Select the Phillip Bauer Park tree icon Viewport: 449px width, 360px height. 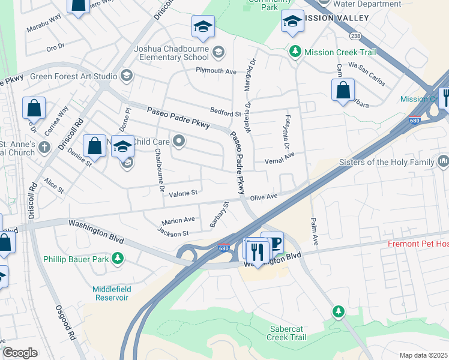(x=118, y=259)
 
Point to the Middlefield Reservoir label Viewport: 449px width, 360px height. (x=110, y=293)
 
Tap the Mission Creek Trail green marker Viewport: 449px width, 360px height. (x=295, y=52)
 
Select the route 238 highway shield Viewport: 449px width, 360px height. (x=355, y=35)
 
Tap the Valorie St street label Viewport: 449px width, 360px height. (x=183, y=193)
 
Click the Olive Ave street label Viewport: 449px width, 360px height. (x=264, y=197)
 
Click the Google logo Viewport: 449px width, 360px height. (x=20, y=352)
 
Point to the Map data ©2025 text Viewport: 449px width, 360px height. (x=423, y=355)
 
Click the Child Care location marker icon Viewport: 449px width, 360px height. (x=179, y=142)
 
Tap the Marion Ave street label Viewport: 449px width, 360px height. (x=178, y=220)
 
